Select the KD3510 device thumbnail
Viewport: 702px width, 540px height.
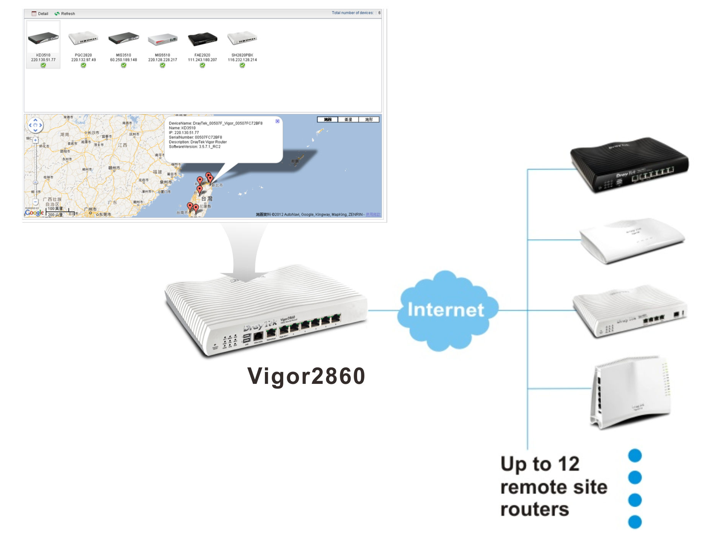(x=43, y=39)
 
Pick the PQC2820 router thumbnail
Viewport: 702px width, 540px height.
(x=83, y=39)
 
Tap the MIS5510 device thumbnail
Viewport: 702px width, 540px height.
(x=163, y=39)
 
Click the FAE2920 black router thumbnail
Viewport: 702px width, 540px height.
(x=202, y=39)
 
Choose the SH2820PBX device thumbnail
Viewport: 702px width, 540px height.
(x=242, y=39)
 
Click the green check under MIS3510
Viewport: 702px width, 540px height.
(x=123, y=65)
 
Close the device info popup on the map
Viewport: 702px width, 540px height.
(x=278, y=121)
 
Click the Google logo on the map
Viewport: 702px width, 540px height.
(x=34, y=212)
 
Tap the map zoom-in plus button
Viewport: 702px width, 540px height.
(x=36, y=140)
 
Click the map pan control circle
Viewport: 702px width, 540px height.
(x=35, y=125)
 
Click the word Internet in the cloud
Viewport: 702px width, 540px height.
(x=446, y=310)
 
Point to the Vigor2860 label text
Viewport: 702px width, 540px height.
(x=306, y=376)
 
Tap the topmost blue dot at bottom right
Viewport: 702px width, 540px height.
(x=635, y=455)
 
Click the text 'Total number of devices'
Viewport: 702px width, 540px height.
(x=352, y=13)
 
